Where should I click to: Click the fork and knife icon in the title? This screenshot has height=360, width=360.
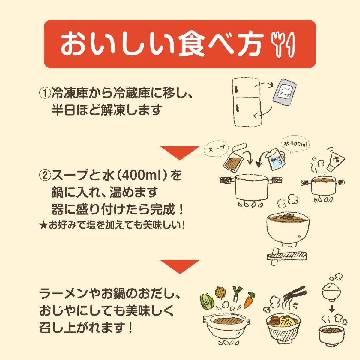(283, 44)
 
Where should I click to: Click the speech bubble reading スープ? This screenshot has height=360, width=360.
(216, 149)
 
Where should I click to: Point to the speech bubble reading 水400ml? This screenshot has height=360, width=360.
(295, 145)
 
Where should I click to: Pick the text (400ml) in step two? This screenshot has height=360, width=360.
(140, 175)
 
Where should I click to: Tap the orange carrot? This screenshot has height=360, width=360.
(249, 300)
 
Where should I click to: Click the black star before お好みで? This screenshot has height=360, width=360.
(42, 225)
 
